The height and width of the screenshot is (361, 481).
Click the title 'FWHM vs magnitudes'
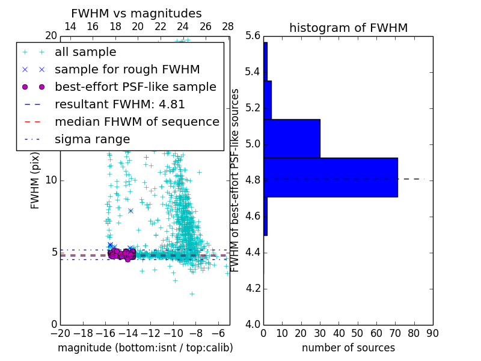pyautogui.click(x=136, y=13)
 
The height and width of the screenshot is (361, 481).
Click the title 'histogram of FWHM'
pyautogui.click(x=348, y=28)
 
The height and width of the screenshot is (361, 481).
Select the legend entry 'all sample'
pyautogui.click(x=85, y=52)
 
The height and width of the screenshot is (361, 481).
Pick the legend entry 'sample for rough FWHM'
pyautogui.click(x=127, y=69)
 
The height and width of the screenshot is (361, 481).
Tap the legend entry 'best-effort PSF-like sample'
pyautogui.click(x=135, y=87)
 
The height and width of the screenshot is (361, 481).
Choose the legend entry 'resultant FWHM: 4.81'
pyautogui.click(x=120, y=104)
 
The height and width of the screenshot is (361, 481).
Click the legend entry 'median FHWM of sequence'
pyautogui.click(x=136, y=122)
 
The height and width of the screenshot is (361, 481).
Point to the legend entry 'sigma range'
pyautogui.click(x=92, y=139)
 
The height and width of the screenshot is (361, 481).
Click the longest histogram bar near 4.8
pyautogui.click(x=331, y=177)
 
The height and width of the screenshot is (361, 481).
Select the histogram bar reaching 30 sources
pyautogui.click(x=292, y=138)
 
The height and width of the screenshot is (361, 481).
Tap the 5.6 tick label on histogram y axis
pyautogui.click(x=253, y=36)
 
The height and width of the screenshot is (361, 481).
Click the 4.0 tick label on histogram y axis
pyautogui.click(x=253, y=324)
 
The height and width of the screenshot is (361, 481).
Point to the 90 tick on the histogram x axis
pyautogui.click(x=432, y=333)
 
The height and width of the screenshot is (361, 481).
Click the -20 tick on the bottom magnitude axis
pyautogui.click(x=60, y=333)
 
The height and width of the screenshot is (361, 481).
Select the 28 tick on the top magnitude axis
pyautogui.click(x=228, y=26)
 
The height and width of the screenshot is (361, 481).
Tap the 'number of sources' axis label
pyautogui.click(x=348, y=348)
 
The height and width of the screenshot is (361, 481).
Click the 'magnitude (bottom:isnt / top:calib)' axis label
pyautogui.click(x=145, y=348)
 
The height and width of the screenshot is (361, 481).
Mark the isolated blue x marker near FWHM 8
pyautogui.click(x=130, y=211)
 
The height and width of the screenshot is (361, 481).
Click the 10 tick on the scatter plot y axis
pyautogui.click(x=51, y=180)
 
